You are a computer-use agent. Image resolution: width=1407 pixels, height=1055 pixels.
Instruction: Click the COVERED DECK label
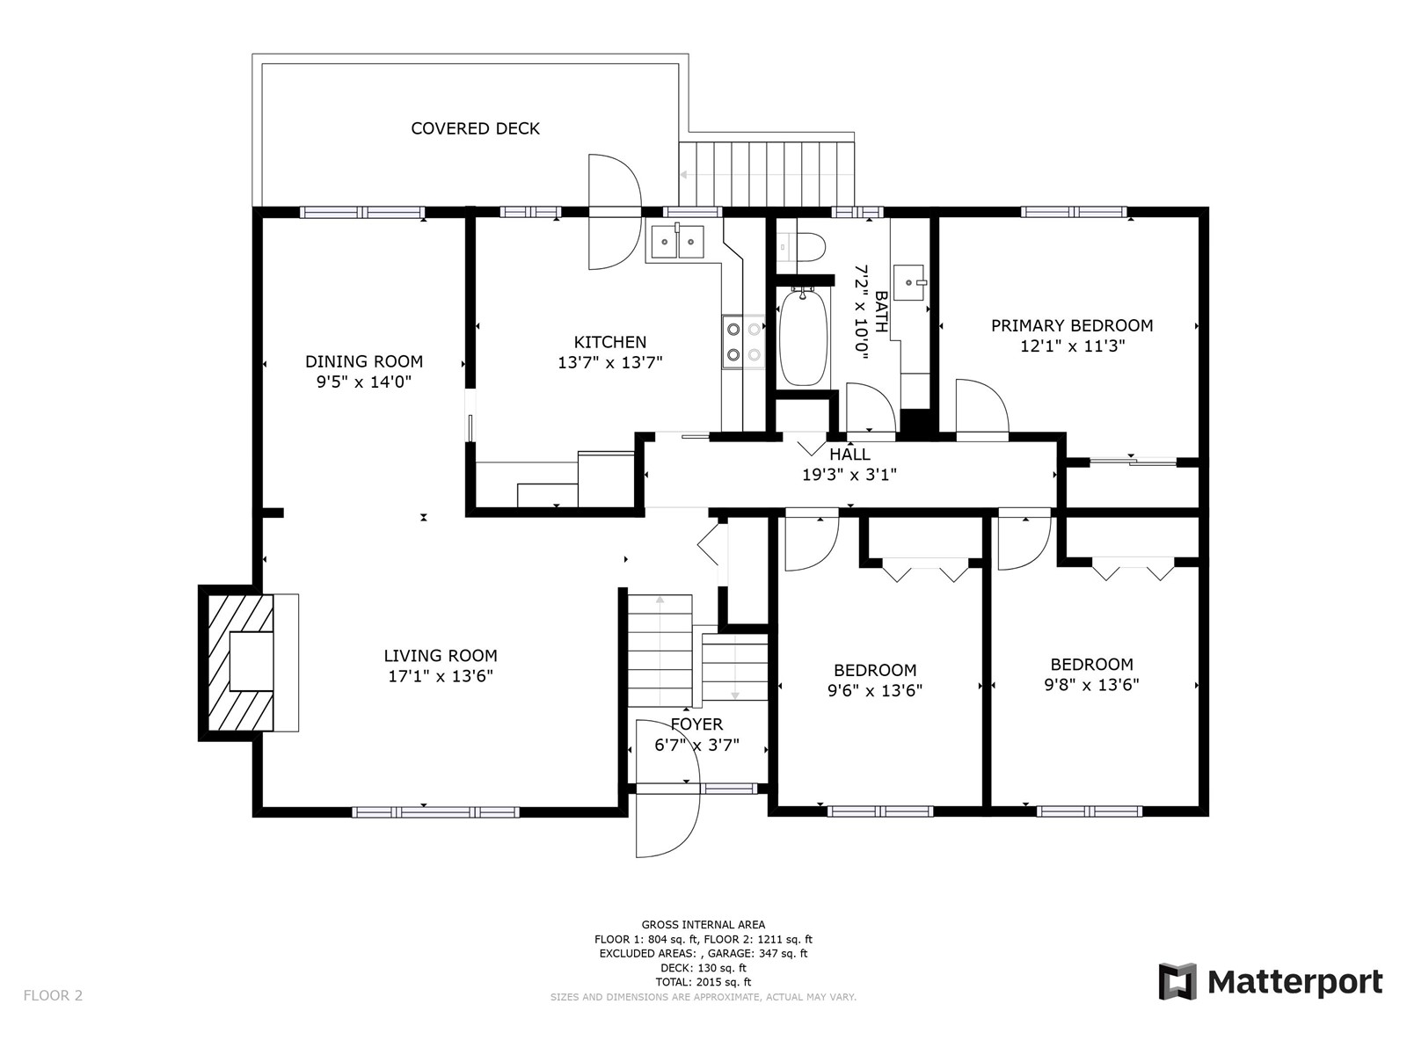click(475, 128)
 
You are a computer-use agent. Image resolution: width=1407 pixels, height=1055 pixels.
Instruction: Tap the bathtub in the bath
click(802, 337)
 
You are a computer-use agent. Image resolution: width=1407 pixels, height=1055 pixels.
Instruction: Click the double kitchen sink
click(677, 241)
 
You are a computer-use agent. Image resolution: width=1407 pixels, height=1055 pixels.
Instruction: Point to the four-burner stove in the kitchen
click(744, 342)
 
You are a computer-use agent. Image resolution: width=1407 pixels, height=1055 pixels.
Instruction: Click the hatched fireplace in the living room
click(241, 662)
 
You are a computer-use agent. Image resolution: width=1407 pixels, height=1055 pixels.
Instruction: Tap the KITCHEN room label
click(609, 342)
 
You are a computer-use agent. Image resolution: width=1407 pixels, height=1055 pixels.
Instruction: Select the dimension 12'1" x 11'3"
click(1072, 346)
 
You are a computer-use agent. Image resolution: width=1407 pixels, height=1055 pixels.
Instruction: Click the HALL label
click(849, 455)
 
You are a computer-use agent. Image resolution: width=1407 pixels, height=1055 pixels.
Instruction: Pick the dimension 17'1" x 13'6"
click(441, 676)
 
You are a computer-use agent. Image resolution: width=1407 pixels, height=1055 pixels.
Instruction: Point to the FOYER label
click(696, 724)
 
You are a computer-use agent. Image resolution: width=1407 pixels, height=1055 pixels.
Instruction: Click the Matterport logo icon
click(1177, 980)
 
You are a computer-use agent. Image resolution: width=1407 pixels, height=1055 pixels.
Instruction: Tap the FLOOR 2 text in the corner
click(54, 995)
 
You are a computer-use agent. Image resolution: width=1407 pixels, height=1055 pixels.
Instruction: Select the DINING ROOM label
click(363, 362)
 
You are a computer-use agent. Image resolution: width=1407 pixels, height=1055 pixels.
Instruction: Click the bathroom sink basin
click(908, 282)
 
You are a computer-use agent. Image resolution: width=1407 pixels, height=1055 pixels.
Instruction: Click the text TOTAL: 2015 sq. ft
click(703, 982)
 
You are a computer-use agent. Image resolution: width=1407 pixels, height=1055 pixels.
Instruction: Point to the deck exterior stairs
click(767, 173)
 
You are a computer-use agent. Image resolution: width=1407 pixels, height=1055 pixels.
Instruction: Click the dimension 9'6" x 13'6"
click(875, 690)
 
